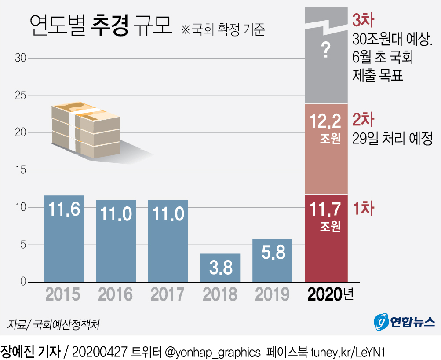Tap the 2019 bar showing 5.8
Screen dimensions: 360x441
tap(272, 260)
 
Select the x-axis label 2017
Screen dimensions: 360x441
tap(168, 294)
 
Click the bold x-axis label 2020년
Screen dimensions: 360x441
tap(331, 294)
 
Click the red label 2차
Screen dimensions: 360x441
tap(363, 120)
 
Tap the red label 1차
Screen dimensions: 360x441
tap(363, 209)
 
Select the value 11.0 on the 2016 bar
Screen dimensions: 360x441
tap(116, 214)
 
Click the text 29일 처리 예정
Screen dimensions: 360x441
tap(393, 139)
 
